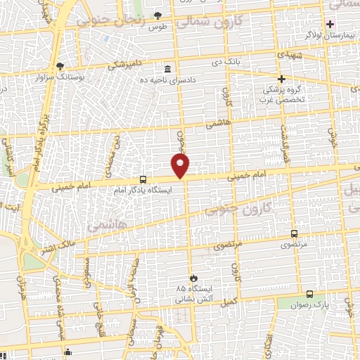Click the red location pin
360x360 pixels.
point(181,165)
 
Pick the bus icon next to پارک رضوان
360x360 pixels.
point(310,295)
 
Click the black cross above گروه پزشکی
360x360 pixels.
point(282,79)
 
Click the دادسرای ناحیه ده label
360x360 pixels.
point(169,80)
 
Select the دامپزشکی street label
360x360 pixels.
point(129,63)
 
